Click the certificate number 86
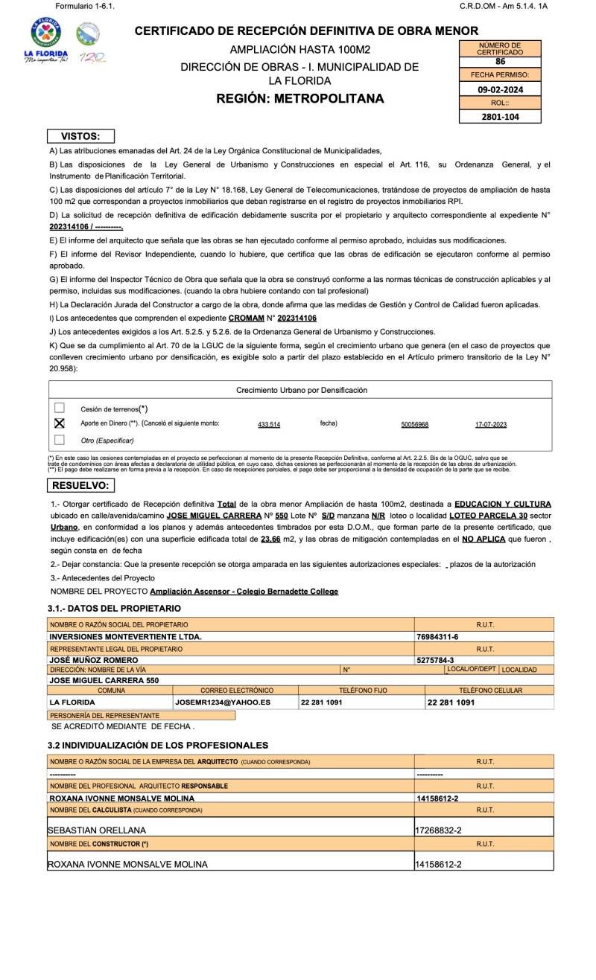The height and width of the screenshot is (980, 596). pyautogui.click(x=500, y=62)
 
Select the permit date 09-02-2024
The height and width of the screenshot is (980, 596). pyautogui.click(x=500, y=89)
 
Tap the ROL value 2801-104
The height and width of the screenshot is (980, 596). pyautogui.click(x=500, y=117)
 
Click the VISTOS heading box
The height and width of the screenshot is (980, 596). pyautogui.click(x=81, y=136)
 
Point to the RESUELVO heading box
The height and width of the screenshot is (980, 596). pyautogui.click(x=81, y=485)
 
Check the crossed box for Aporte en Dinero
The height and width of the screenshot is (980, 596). pyautogui.click(x=60, y=423)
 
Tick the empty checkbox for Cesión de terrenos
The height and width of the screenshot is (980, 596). pyautogui.click(x=60, y=408)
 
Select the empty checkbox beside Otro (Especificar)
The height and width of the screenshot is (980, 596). pyautogui.click(x=60, y=440)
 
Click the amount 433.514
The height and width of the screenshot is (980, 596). pyautogui.click(x=269, y=424)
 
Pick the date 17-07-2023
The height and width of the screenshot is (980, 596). pyautogui.click(x=491, y=424)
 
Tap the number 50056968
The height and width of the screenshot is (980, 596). pyautogui.click(x=415, y=424)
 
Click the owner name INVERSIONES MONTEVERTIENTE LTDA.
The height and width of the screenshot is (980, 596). pyautogui.click(x=125, y=637)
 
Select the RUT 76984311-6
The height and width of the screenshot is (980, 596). pyautogui.click(x=437, y=637)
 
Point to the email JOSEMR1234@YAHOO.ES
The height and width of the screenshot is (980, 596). pyautogui.click(x=223, y=702)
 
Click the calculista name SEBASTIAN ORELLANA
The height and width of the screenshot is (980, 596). pyautogui.click(x=97, y=830)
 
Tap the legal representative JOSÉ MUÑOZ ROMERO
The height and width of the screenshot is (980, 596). pyautogui.click(x=93, y=660)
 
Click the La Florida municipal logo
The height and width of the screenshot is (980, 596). pyautogui.click(x=46, y=41)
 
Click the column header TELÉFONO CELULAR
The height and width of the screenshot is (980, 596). pyautogui.click(x=490, y=691)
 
